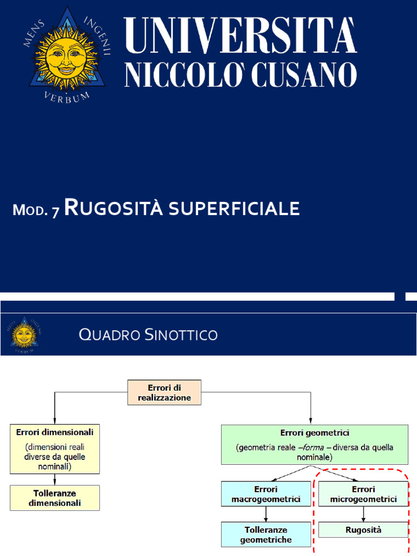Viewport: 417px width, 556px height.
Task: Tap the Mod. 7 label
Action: [36, 210]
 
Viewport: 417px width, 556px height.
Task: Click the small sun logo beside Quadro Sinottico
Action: [23, 334]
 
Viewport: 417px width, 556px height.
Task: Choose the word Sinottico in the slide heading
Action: [181, 335]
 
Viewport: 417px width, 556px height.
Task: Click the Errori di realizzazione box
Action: [164, 393]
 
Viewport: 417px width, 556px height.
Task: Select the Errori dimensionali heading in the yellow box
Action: [55, 432]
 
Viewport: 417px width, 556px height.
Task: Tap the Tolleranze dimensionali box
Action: [55, 498]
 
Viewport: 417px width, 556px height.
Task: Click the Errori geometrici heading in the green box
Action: [314, 433]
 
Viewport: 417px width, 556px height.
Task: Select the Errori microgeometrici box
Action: [363, 494]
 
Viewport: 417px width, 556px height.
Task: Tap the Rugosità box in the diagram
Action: [363, 529]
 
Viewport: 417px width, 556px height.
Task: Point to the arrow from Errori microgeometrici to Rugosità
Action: [363, 514]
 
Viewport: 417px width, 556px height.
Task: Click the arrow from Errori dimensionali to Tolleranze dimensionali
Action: [55, 479]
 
